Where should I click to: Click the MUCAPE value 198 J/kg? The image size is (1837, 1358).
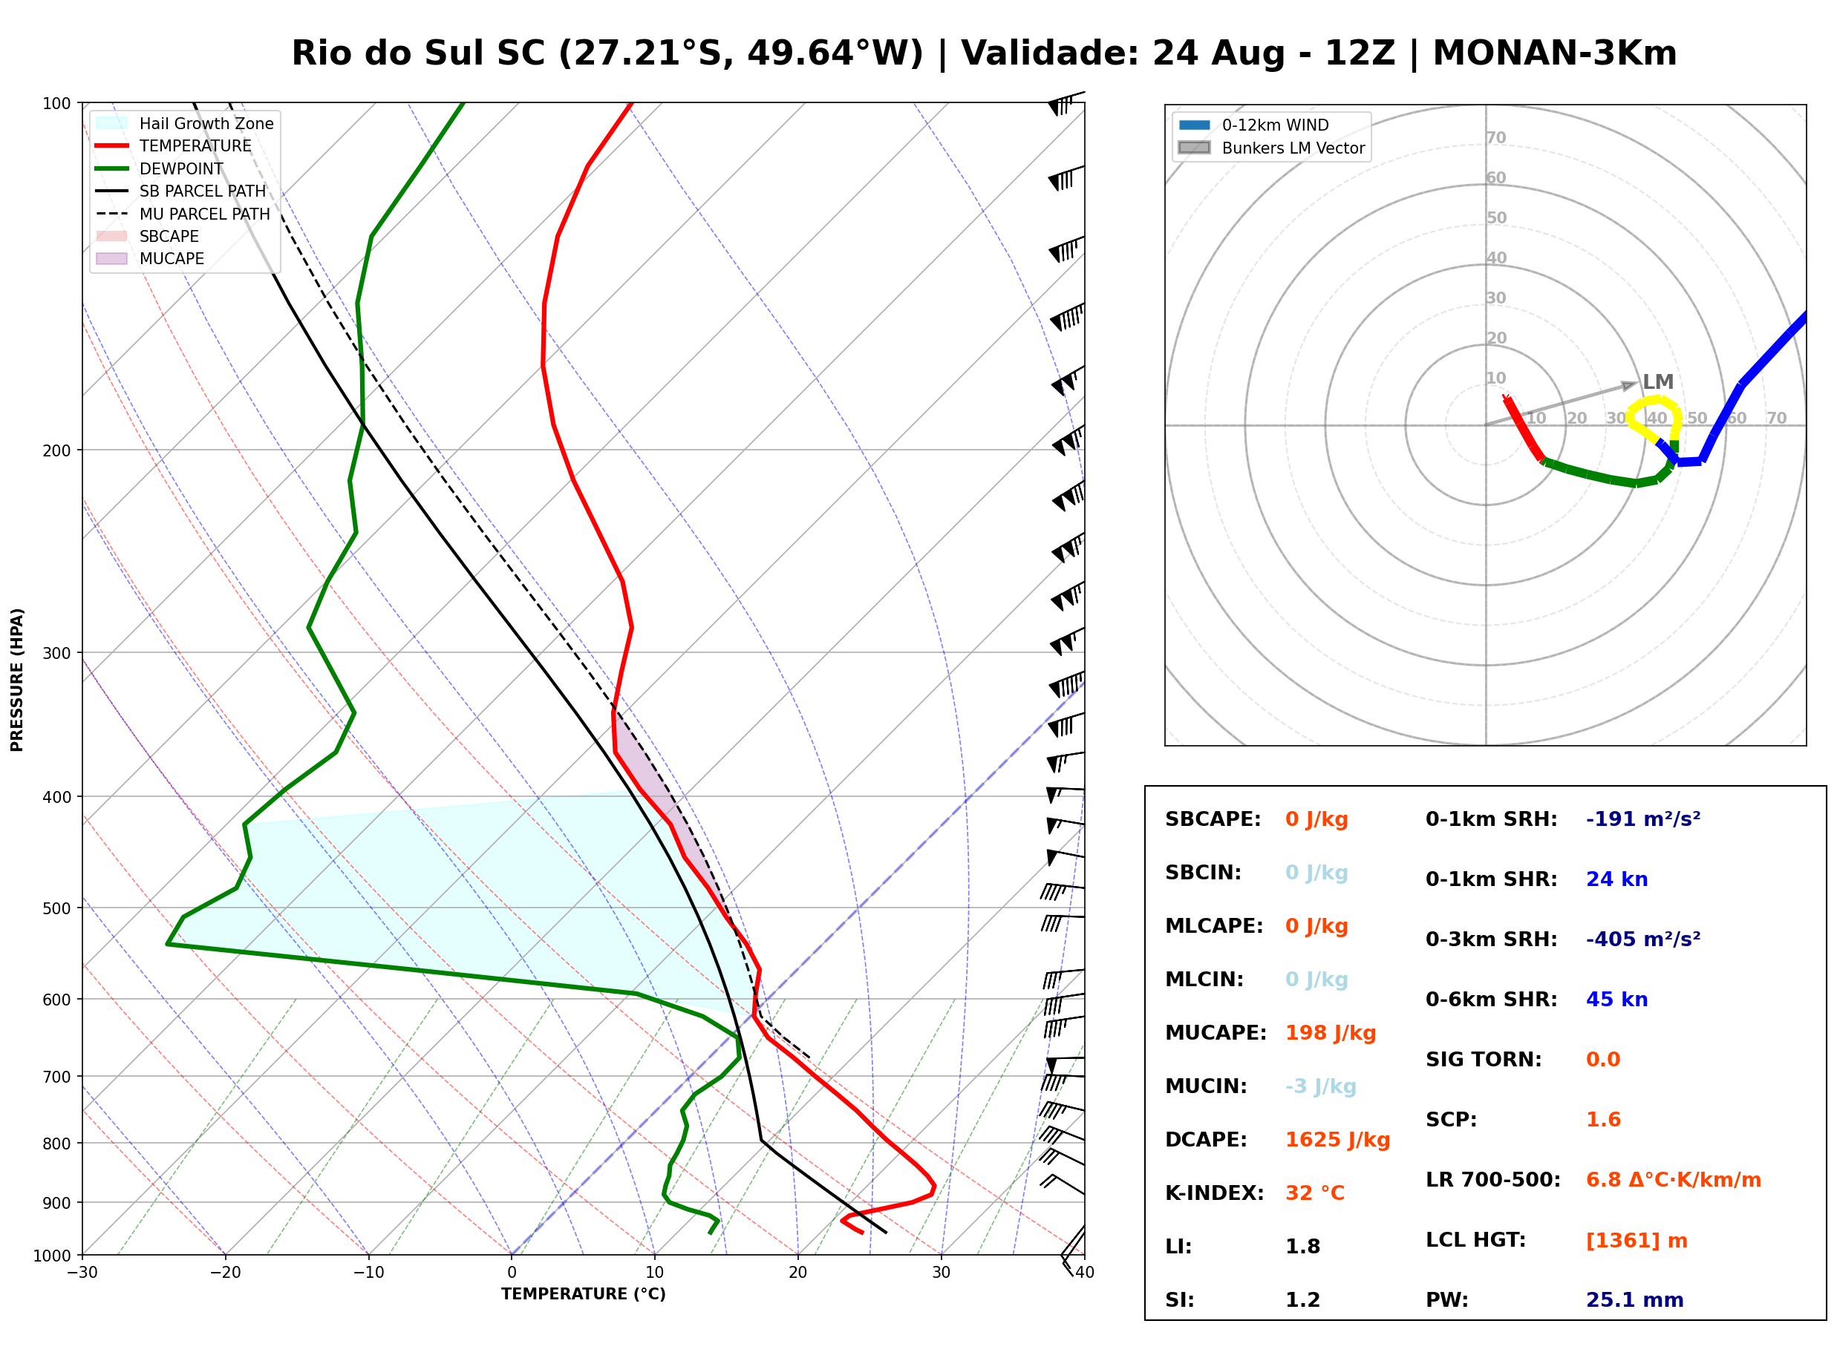click(x=1331, y=1033)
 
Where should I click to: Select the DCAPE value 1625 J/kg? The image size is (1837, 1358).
click(x=1337, y=1140)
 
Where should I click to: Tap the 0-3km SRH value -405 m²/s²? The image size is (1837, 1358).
click(x=1643, y=939)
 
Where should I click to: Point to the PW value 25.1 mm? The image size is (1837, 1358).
click(x=1635, y=1299)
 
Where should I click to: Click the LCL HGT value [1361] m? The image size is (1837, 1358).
click(x=1637, y=1241)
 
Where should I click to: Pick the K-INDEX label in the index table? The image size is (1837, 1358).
click(x=1215, y=1193)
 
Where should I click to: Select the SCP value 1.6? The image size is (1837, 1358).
click(x=1603, y=1120)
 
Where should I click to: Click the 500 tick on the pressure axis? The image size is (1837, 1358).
click(x=56, y=908)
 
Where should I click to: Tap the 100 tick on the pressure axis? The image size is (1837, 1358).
click(x=56, y=104)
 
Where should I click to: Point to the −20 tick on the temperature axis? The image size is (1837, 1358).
click(x=225, y=1273)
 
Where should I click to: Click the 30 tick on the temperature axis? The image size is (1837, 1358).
click(x=942, y=1273)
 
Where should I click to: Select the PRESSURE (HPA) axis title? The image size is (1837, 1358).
click(x=17, y=680)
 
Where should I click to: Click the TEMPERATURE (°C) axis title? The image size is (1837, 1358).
click(x=584, y=1295)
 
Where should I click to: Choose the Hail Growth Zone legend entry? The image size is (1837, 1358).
click(x=185, y=123)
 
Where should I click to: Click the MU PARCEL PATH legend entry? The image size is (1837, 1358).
click(x=183, y=214)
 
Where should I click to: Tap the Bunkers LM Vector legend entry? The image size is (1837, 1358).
click(x=1272, y=148)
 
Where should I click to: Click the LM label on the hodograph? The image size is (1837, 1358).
click(x=1658, y=382)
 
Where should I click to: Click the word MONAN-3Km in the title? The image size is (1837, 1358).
click(x=1555, y=53)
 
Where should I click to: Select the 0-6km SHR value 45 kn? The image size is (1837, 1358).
click(x=1616, y=1000)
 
